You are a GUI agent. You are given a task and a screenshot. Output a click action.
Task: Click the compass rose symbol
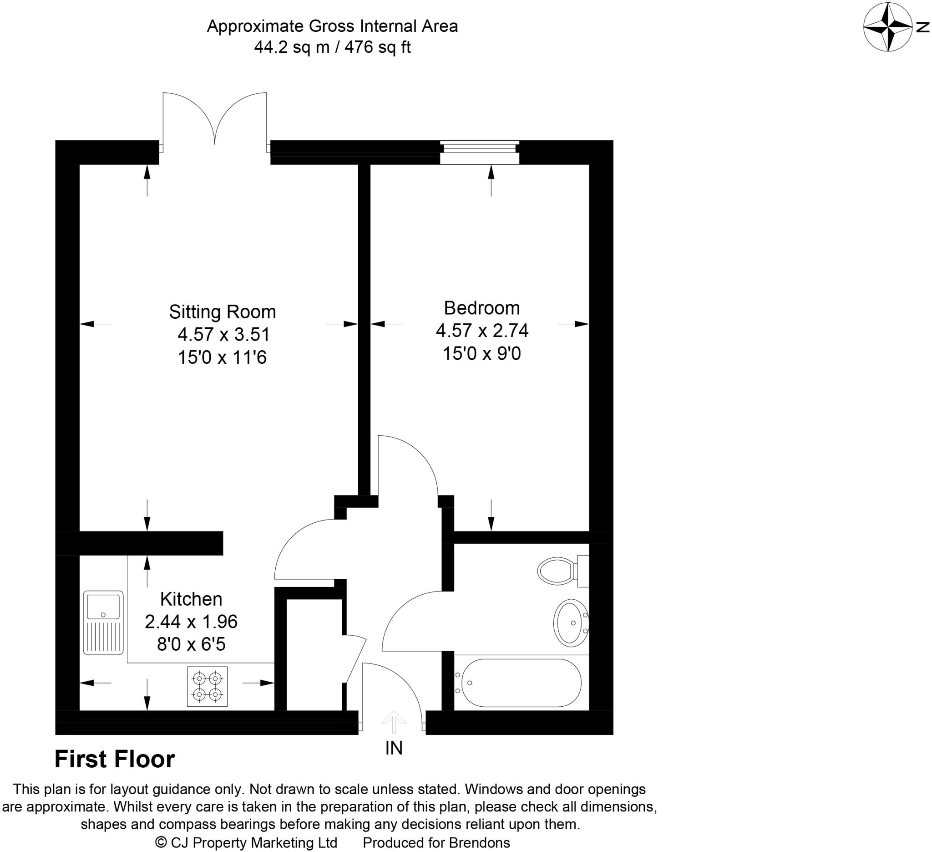[886, 27]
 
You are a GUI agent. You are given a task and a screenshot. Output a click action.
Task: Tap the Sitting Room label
[223, 312]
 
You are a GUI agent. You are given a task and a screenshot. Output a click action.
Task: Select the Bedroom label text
[482, 308]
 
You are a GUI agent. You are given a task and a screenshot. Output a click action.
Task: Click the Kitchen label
[191, 599]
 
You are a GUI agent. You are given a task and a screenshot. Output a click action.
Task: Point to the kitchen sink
[103, 622]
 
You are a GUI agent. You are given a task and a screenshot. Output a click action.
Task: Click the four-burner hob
[207, 686]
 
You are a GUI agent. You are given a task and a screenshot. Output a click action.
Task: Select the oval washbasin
[571, 622]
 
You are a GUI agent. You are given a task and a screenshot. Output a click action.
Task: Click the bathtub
[521, 683]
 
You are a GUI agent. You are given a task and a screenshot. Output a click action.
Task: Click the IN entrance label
[394, 748]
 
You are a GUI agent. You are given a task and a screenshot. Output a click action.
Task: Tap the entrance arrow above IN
[394, 722]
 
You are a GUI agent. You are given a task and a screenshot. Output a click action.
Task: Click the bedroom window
[479, 152]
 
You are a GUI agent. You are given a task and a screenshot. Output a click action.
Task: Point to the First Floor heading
[115, 759]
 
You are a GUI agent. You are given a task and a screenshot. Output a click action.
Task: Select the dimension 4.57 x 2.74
[482, 330]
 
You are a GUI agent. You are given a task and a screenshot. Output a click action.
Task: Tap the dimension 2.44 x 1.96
[191, 622]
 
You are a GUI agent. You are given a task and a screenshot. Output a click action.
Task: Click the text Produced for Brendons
[436, 843]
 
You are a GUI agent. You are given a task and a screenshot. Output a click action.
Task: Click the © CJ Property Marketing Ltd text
[246, 843]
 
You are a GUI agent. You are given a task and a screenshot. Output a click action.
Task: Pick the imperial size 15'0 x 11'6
[223, 357]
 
